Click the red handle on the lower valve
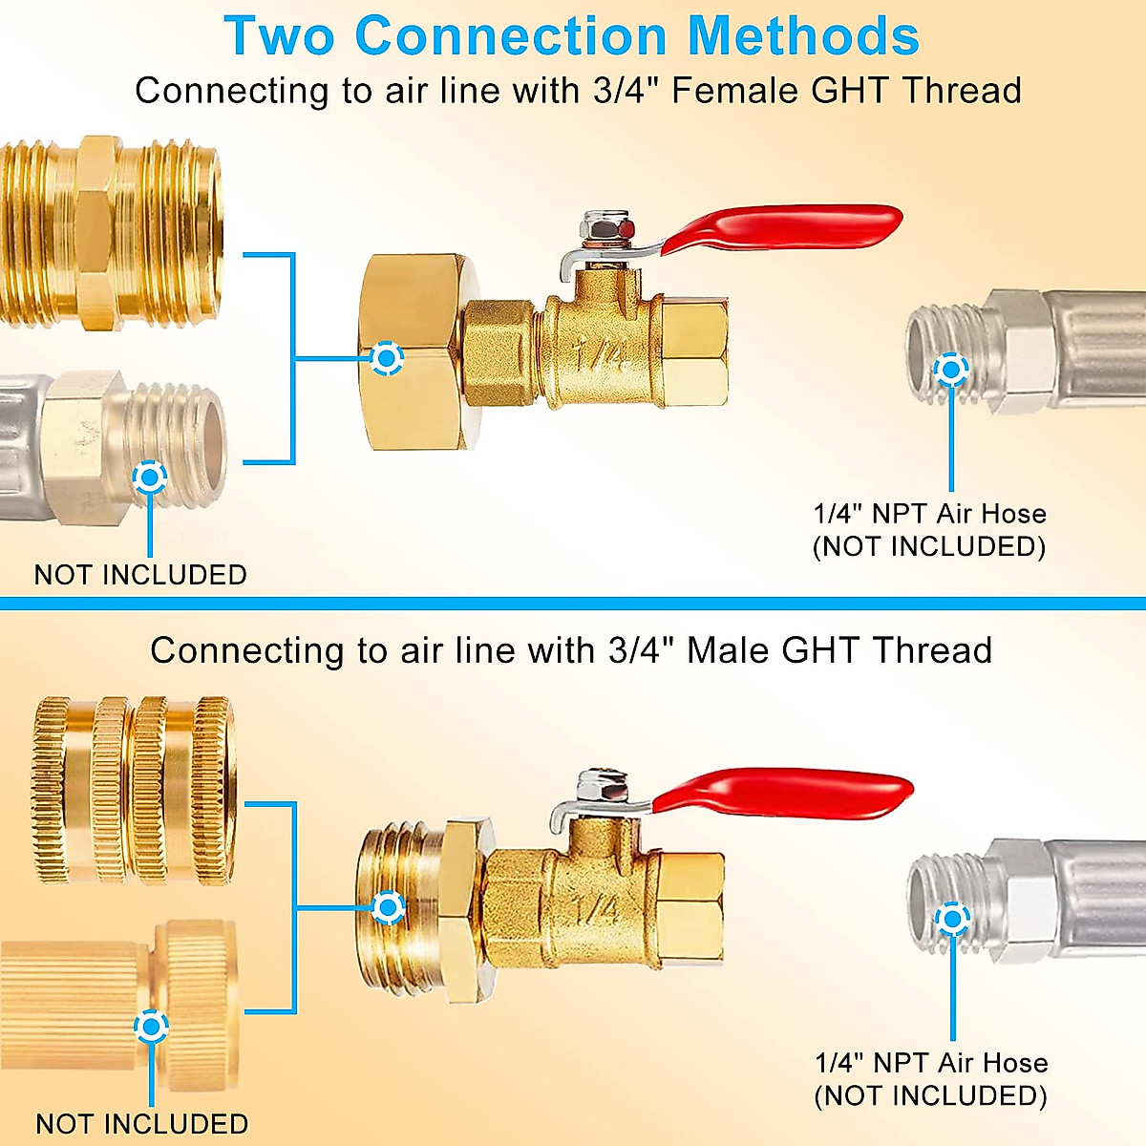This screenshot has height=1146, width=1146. click(x=783, y=792)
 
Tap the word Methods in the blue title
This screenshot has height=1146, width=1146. click(x=804, y=35)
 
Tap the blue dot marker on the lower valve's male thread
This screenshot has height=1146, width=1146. click(x=389, y=907)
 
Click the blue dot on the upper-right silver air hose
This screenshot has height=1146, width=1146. click(x=950, y=370)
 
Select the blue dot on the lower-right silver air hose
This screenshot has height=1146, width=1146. click(x=952, y=919)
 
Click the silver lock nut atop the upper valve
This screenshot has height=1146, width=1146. click(x=606, y=226)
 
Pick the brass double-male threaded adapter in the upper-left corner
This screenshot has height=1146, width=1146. click(x=111, y=233)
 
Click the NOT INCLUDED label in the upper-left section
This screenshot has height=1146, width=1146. click(x=140, y=575)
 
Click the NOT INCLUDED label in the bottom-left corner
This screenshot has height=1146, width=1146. click(x=141, y=1123)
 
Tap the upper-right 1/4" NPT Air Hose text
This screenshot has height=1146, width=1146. click(x=929, y=514)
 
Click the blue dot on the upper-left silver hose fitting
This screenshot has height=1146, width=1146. click(x=150, y=477)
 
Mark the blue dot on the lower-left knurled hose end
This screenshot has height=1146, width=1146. click(x=151, y=1027)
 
